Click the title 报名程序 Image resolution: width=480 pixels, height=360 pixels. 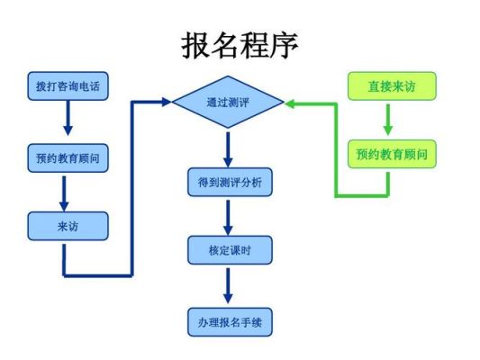tap(240, 46)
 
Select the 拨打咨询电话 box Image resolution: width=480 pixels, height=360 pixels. tap(68, 85)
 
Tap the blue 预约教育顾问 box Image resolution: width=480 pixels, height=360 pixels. tap(68, 158)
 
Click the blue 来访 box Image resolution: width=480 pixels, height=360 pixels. tap(68, 226)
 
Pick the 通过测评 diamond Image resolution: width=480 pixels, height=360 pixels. tap(228, 102)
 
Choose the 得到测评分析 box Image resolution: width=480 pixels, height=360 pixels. tap(230, 182)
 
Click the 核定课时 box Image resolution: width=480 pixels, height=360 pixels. tap(230, 250)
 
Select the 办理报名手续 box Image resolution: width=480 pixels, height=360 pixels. tap(230, 322)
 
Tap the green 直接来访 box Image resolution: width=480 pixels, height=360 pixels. tap(392, 85)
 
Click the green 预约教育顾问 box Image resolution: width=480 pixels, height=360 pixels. tap(392, 154)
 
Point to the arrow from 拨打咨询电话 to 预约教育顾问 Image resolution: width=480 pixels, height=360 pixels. tap(68, 118)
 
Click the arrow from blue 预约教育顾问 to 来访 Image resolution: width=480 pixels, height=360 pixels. tap(64, 193)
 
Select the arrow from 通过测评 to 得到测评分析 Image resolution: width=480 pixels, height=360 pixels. tap(228, 149)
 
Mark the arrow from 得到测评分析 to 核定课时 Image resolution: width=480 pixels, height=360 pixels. tap(228, 218)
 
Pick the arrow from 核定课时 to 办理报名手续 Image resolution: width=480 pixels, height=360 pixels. tap(228, 285)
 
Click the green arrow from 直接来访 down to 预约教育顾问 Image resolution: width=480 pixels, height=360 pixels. tap(388, 120)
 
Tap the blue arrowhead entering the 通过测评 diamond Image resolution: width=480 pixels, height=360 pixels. tap(167, 102)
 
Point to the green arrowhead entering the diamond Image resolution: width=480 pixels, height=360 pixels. tap(290, 104)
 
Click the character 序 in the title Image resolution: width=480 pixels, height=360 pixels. tap(285, 46)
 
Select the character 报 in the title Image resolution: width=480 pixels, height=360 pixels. tap(195, 46)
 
